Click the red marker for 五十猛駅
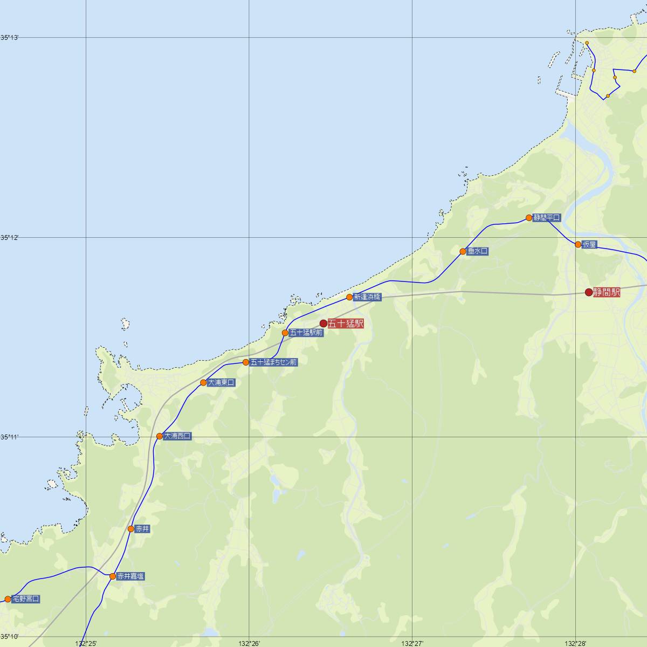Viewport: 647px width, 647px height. pos(323,323)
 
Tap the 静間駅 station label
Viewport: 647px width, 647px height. pos(607,293)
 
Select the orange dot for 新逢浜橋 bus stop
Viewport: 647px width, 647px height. pos(349,297)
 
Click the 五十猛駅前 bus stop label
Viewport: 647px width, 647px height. pos(306,333)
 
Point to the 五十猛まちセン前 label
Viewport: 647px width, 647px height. pos(273,362)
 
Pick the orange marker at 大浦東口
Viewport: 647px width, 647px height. pos(203,383)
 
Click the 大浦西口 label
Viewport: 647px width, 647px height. pos(177,436)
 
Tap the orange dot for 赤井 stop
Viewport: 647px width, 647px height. pos(131,529)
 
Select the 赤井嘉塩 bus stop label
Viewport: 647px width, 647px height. pos(130,576)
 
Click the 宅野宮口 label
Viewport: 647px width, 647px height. pos(26,599)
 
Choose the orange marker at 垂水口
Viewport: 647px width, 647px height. pos(463,251)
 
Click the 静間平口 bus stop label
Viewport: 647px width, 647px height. pos(547,218)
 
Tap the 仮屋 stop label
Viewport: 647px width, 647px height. pos(589,245)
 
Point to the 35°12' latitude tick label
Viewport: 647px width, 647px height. pos(9,237)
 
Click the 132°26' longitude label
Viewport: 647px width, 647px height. pos(249,643)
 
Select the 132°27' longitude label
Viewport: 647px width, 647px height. pos(412,643)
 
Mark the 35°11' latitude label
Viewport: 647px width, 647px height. pos(9,437)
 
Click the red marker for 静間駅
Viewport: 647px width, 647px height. pos(589,293)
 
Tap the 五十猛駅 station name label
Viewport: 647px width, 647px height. pos(346,323)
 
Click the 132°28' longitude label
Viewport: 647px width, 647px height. pos(576,643)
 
